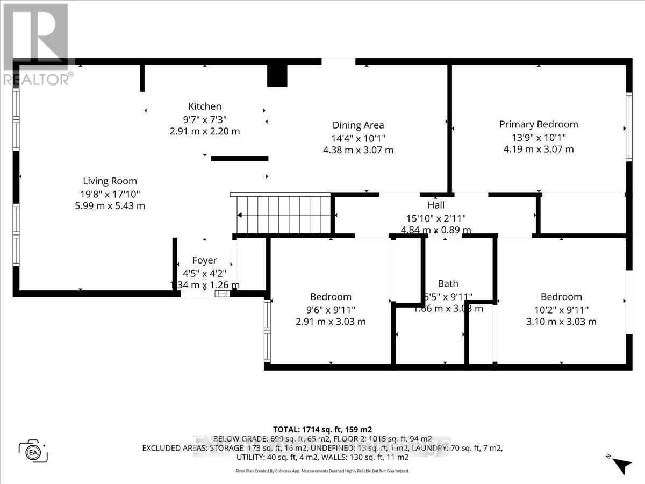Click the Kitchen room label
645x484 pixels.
coord(204,106)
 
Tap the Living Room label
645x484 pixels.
coord(110,181)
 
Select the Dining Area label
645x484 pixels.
coord(358,125)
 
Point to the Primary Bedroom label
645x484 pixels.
coord(539,124)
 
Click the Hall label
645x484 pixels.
coord(436,205)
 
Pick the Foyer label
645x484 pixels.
coord(204,260)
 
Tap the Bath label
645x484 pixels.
coord(448,283)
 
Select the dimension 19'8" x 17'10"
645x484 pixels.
coord(110,194)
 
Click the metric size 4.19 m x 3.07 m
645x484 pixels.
coord(539,149)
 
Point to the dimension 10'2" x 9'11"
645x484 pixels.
coord(561,309)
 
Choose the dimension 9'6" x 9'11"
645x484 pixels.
coord(331,309)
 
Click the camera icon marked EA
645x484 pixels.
coord(33,451)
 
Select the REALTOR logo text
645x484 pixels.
coord(38,79)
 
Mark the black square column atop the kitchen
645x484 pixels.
coord(277,75)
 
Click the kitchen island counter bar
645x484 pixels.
coord(239,159)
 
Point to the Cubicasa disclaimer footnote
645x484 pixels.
coord(322,471)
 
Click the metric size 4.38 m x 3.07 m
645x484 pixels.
coord(358,150)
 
